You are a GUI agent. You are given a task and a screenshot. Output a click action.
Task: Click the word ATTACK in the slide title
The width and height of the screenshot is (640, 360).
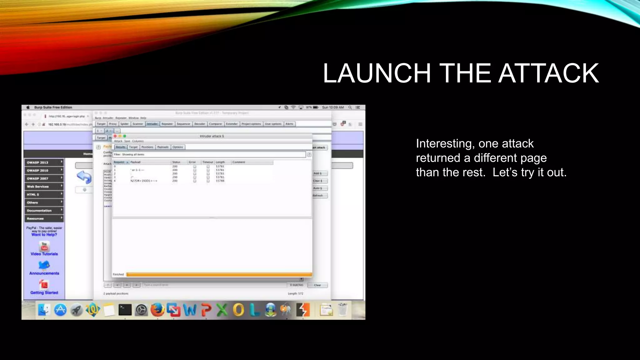(548, 73)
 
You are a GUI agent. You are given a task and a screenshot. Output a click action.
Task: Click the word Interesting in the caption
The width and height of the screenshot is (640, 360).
(443, 144)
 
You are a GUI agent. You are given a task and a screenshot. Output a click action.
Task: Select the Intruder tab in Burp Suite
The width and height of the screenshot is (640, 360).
(152, 124)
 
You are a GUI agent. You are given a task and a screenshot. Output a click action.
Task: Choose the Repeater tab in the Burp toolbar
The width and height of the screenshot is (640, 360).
(167, 124)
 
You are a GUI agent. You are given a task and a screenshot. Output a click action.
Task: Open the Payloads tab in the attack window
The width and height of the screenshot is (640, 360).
(163, 147)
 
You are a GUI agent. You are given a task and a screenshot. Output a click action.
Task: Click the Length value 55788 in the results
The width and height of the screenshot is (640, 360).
(220, 181)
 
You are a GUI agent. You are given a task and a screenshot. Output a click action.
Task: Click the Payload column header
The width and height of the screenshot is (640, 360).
(136, 162)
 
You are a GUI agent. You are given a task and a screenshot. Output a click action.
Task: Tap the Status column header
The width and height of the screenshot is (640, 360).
(176, 162)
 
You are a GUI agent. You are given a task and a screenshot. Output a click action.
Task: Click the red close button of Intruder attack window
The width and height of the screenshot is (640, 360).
(115, 136)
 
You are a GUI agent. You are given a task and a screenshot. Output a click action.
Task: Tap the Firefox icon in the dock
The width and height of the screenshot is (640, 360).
(157, 310)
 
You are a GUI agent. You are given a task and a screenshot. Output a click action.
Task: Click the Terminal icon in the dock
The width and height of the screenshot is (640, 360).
(125, 310)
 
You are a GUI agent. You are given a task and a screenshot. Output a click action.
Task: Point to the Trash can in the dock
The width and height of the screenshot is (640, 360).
(342, 310)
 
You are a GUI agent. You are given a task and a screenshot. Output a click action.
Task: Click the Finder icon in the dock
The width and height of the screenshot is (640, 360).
(44, 310)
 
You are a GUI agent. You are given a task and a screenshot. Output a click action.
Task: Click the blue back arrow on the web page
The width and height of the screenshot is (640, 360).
(84, 177)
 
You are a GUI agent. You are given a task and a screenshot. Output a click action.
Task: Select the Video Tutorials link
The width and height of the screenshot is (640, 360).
(44, 254)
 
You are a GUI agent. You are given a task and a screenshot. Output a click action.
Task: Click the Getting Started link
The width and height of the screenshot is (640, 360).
(44, 293)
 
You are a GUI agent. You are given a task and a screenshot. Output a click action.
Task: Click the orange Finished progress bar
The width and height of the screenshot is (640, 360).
(219, 275)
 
